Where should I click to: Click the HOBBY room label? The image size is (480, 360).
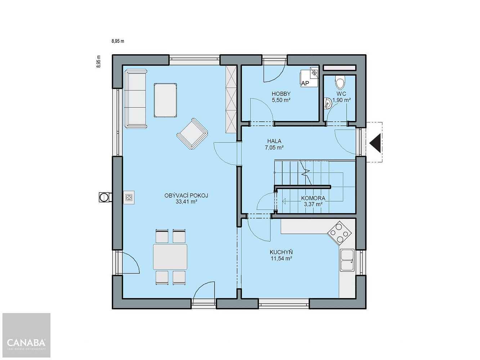pyautogui.click(x=281, y=94)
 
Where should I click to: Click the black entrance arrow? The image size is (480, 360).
pyautogui.click(x=375, y=143)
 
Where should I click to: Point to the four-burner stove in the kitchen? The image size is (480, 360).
pyautogui.click(x=339, y=233)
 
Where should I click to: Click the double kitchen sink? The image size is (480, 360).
pyautogui.click(x=347, y=260)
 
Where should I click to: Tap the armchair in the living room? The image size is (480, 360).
pyautogui.click(x=192, y=134)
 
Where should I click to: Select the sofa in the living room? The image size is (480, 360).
pyautogui.click(x=136, y=99)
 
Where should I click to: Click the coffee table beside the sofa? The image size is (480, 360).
pyautogui.click(x=165, y=100)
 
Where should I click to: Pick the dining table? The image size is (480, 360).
pyautogui.click(x=170, y=257)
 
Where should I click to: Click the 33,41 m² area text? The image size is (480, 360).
pyautogui.click(x=187, y=202)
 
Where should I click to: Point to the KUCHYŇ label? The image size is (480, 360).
pyautogui.click(x=281, y=252)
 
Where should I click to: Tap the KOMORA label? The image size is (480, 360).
pyautogui.click(x=313, y=198)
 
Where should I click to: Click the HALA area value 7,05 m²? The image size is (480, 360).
pyautogui.click(x=274, y=148)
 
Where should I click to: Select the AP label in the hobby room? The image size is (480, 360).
pyautogui.click(x=305, y=83)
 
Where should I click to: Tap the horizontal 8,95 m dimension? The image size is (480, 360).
pyautogui.click(x=118, y=41)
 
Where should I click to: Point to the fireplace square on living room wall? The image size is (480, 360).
pyautogui.click(x=129, y=198)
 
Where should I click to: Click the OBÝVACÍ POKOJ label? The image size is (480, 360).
pyautogui.click(x=186, y=195)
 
